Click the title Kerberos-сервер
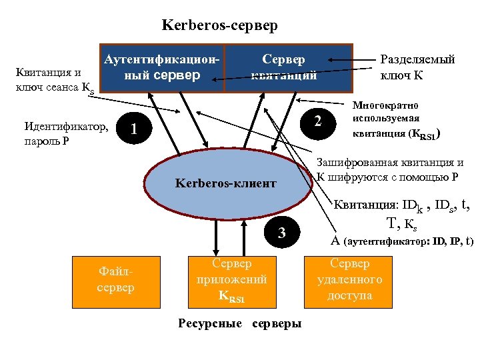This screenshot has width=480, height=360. point(219,26)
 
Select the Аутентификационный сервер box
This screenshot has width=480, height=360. point(161,67)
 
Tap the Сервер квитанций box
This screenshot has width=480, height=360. point(287,67)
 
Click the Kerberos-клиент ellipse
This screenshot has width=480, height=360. point(226,183)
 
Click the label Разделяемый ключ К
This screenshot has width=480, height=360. point(417,67)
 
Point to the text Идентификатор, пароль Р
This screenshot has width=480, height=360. point(65,133)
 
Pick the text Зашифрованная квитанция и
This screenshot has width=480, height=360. point(389,163)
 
